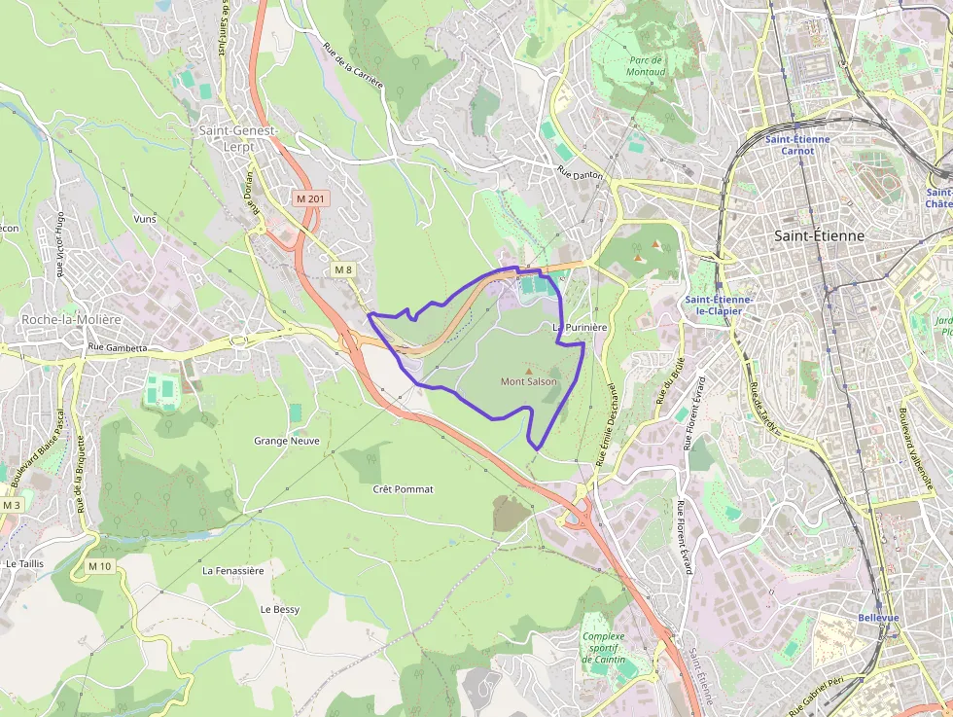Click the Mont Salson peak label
click(x=529, y=381)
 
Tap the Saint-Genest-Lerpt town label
click(x=238, y=138)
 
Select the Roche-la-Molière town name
click(x=71, y=319)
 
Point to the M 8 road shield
click(x=342, y=269)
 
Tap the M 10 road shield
click(x=99, y=566)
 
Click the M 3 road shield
click(x=11, y=505)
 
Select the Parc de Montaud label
click(x=646, y=65)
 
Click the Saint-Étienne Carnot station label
click(x=797, y=145)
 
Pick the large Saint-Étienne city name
click(x=819, y=235)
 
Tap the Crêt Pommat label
click(x=403, y=489)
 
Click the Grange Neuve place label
click(x=286, y=441)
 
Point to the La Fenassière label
click(x=233, y=571)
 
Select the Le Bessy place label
click(x=279, y=609)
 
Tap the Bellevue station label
click(x=879, y=618)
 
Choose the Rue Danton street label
click(x=580, y=172)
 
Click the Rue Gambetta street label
click(x=117, y=347)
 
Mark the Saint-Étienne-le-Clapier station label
click(x=721, y=305)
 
